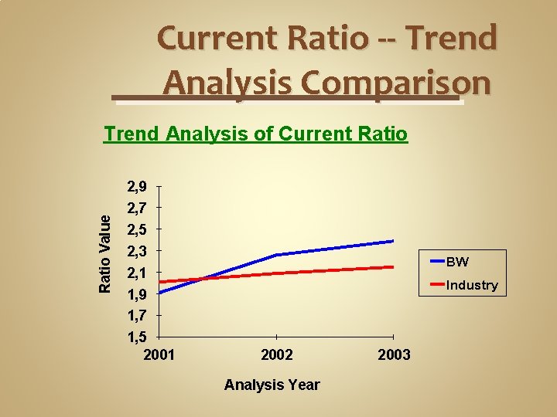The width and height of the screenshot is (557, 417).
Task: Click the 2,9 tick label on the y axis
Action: [137, 186]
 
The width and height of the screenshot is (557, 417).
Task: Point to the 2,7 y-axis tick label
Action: [137, 208]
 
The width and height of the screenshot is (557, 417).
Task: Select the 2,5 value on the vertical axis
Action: [137, 229]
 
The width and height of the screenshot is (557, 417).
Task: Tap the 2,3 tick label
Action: [137, 251]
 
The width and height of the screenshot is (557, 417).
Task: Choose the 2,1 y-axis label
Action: [137, 273]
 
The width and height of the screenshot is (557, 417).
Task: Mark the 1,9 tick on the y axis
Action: [137, 294]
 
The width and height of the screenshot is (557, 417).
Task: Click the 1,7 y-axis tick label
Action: [137, 316]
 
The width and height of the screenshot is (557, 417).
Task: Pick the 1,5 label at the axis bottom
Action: [137, 337]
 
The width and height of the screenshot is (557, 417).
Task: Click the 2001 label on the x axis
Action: [159, 354]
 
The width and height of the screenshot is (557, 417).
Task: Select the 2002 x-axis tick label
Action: [277, 354]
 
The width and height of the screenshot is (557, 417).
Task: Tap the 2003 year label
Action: [395, 354]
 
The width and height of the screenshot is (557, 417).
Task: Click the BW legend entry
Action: [457, 262]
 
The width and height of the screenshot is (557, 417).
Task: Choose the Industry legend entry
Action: [472, 285]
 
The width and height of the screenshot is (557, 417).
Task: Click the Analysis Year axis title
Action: [272, 385]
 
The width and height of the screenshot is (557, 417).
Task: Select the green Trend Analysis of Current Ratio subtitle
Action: [256, 134]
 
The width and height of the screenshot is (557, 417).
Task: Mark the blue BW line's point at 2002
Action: [277, 255]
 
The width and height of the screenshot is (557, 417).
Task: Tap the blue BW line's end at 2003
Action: [393, 241]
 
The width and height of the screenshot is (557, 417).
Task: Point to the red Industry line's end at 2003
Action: [393, 267]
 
